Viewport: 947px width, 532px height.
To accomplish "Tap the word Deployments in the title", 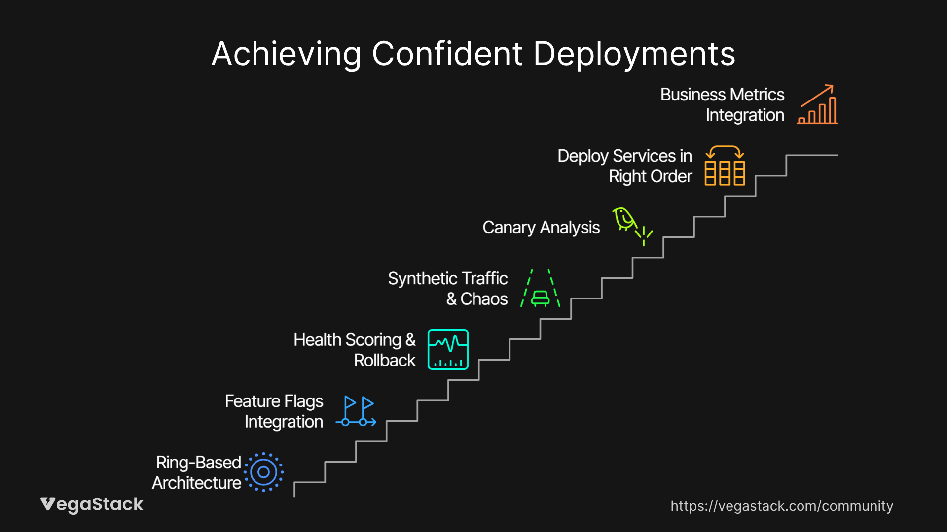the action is coord(634,54).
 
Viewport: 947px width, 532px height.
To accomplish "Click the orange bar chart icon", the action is coord(817,104).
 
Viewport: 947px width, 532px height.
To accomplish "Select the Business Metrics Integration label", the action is coord(722,104).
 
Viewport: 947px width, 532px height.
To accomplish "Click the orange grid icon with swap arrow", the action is coord(725,166).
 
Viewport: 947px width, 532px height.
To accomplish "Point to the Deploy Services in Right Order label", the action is coord(625,166).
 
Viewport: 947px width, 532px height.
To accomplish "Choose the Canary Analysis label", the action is coord(541,228).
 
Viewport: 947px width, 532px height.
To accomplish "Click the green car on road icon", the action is coord(540,288).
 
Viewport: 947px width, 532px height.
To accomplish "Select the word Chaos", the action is coord(484,299).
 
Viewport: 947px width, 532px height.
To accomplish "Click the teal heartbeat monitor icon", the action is coord(448,349).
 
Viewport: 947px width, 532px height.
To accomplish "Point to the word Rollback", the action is coord(385,360).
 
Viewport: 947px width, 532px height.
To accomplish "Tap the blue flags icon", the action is coord(356,411).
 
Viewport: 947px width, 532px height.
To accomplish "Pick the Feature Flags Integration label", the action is coord(274,411).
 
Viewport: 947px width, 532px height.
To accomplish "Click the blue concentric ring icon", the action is coord(264,472).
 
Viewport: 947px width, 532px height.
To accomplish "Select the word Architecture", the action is coord(197,483).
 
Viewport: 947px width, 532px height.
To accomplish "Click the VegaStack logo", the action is coord(92,504).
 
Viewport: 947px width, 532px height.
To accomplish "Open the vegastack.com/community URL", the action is coord(782,506).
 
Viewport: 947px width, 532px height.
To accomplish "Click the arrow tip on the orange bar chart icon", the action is coord(833,86).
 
